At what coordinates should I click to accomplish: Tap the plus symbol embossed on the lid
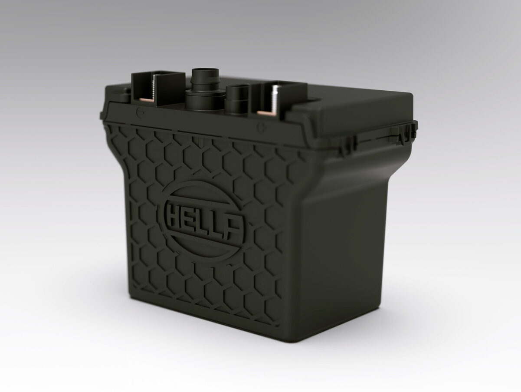[x=261, y=128]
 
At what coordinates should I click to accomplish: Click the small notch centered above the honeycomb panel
[x=197, y=140]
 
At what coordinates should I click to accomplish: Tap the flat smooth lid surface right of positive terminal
[x=347, y=104]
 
